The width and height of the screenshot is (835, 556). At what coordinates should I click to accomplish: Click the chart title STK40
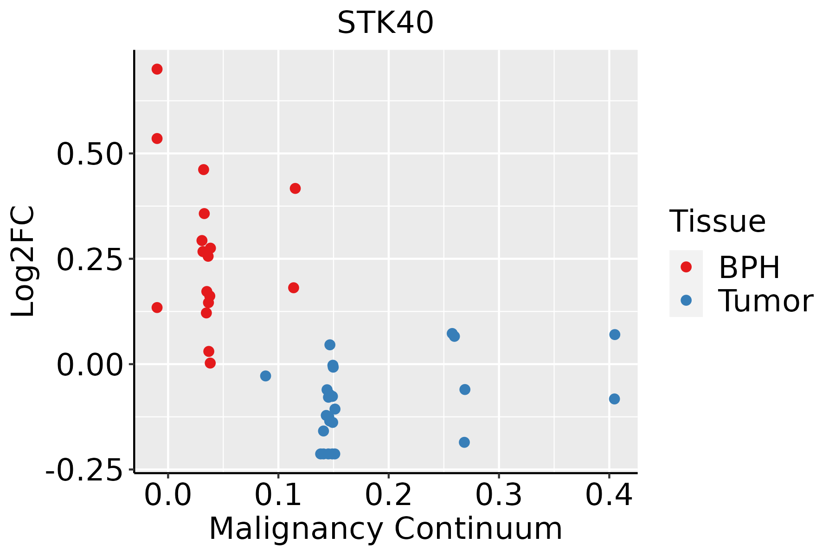click(x=385, y=23)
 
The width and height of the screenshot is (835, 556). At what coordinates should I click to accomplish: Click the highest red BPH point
click(x=157, y=69)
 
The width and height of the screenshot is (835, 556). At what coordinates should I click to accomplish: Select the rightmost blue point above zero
click(x=615, y=335)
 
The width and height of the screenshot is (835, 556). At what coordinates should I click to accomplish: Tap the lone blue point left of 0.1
click(x=265, y=376)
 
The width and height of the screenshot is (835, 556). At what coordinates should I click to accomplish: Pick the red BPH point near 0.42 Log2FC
click(x=295, y=188)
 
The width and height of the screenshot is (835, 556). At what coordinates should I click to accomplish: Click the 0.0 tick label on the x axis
click(x=168, y=495)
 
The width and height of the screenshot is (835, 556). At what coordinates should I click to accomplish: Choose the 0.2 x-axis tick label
click(x=388, y=495)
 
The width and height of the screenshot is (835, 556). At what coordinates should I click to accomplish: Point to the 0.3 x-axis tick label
click(x=499, y=495)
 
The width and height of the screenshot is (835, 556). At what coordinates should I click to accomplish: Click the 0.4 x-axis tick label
click(x=609, y=495)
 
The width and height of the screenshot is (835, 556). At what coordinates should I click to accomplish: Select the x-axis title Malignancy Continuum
click(x=385, y=529)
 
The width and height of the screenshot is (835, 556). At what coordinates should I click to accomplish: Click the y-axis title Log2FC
click(x=23, y=261)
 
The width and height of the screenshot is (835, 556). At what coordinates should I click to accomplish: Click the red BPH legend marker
click(x=686, y=266)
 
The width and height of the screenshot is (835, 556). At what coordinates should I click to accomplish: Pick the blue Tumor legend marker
click(x=686, y=300)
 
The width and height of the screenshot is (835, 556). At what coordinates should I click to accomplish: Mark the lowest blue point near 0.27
click(x=464, y=442)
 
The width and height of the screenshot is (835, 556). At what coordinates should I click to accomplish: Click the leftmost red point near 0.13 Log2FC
click(x=157, y=307)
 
